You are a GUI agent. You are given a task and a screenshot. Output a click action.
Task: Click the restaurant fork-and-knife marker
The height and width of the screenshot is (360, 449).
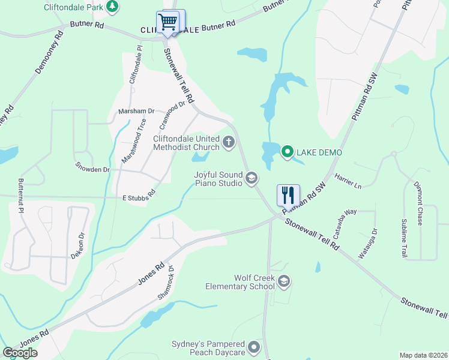pos(288,195)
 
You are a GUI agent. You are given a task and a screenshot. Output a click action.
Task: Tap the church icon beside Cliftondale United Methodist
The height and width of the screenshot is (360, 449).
pos(228,142)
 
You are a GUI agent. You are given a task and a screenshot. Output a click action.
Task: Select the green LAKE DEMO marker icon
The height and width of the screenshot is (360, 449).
pos(287,152)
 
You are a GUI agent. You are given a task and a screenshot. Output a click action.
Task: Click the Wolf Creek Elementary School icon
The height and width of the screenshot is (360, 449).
pos(284,281)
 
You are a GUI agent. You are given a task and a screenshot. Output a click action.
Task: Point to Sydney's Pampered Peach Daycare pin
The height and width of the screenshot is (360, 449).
pos(255,347)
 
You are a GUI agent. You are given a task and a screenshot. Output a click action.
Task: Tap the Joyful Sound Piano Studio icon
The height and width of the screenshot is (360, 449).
pos(252,177)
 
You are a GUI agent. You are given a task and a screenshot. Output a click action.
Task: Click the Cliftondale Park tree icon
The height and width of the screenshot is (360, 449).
pos(112,7)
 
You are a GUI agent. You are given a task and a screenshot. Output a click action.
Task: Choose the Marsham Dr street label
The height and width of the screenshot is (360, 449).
pos(136,111)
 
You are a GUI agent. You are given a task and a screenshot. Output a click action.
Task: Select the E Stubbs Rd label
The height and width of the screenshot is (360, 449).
pos(139,196)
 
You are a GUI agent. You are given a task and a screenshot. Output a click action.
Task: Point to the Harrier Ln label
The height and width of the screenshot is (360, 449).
pos(349,182)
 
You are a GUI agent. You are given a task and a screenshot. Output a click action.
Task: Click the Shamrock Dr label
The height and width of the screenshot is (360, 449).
pos(166,282)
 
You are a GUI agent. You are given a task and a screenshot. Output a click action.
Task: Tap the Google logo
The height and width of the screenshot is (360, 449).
pos(20,352)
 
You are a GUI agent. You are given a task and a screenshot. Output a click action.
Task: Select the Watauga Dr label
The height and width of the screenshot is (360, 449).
pos(368,243)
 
